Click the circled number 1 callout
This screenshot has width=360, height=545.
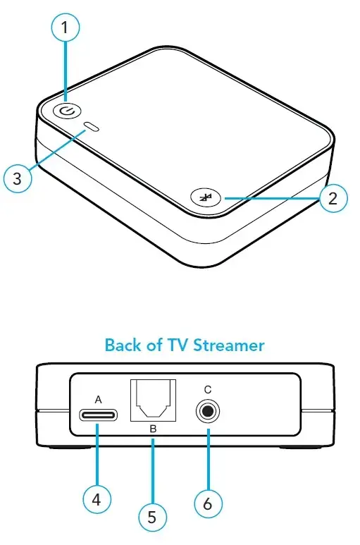[x=65, y=27]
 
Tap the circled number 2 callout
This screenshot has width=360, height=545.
[x=333, y=198]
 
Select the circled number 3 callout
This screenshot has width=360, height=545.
[x=18, y=178]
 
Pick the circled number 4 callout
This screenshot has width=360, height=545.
[x=97, y=499]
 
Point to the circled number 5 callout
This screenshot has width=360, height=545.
[x=152, y=517]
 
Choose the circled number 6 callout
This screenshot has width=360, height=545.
[x=208, y=503]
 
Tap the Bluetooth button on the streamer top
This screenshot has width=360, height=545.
[x=206, y=198]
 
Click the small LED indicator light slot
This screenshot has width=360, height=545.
[x=92, y=127]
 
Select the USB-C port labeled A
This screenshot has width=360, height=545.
[x=98, y=415]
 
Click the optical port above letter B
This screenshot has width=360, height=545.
[x=153, y=400]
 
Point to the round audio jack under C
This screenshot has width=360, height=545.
[x=208, y=412]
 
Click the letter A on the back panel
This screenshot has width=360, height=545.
[x=98, y=400]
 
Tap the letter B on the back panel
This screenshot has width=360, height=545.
[x=153, y=429]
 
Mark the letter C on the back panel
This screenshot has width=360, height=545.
[x=208, y=390]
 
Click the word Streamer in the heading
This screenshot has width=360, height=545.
[x=229, y=345]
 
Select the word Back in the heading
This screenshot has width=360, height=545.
[x=123, y=345]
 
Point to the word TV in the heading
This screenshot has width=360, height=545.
[x=178, y=345]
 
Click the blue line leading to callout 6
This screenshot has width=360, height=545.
[x=209, y=459]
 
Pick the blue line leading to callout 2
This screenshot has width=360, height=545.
[x=272, y=198]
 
